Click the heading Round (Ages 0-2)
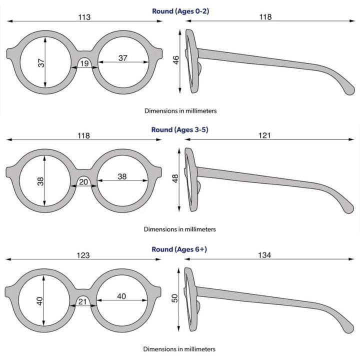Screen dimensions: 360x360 pos(180,11)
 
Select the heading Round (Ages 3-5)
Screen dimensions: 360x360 pos(180,129)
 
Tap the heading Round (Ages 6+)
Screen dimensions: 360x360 pos(179,249)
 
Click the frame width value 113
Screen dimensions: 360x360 pos(84,17)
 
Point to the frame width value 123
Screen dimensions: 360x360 pos(83,255)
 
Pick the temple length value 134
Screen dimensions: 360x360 pos(264,255)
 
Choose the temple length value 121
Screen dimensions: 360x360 pos(264,135)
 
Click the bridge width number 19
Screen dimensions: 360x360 pos(84,63)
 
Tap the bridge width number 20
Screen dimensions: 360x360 pos(83,182)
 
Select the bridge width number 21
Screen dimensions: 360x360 pos(82,301)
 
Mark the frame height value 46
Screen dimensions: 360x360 pos(175,60)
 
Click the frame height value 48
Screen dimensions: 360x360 pos(175,178)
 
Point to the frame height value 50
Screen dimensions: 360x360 pos(174,298)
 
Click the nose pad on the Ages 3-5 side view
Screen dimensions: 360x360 pos(199,187)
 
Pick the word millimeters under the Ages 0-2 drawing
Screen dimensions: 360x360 pos(201,111)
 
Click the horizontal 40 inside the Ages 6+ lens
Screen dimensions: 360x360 pos(121,296)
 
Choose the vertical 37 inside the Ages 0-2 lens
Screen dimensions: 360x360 pos(41,63)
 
